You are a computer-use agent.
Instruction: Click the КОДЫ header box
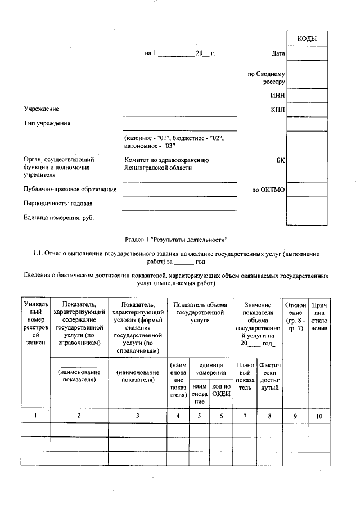pos(307,39)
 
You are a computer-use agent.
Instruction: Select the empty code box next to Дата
pos(307,54)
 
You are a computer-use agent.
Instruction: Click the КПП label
pos(277,109)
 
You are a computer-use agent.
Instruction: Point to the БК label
pos(280,160)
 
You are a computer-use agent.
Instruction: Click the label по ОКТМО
pos(269,190)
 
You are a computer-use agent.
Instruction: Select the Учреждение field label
pos(41,109)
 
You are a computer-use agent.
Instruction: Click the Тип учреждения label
pos(47,123)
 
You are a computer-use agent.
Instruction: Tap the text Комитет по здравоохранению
pos(166,160)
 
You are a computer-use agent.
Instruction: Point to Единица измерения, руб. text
pos(58,217)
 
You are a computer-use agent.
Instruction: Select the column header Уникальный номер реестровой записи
pos(35,323)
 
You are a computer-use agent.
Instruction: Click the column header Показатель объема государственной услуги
pos(200,312)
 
